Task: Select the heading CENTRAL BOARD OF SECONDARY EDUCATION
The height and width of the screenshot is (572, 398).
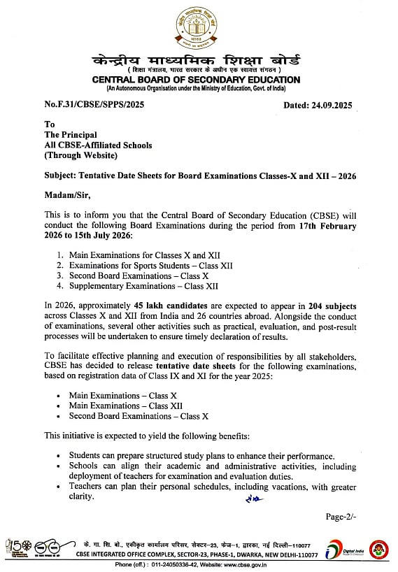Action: pyautogui.click(x=199, y=79)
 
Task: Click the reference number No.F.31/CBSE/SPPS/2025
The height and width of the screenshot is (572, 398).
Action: pyautogui.click(x=95, y=106)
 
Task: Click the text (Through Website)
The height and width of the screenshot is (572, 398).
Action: pyautogui.click(x=80, y=155)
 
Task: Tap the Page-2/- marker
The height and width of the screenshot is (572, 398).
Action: pyautogui.click(x=341, y=517)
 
